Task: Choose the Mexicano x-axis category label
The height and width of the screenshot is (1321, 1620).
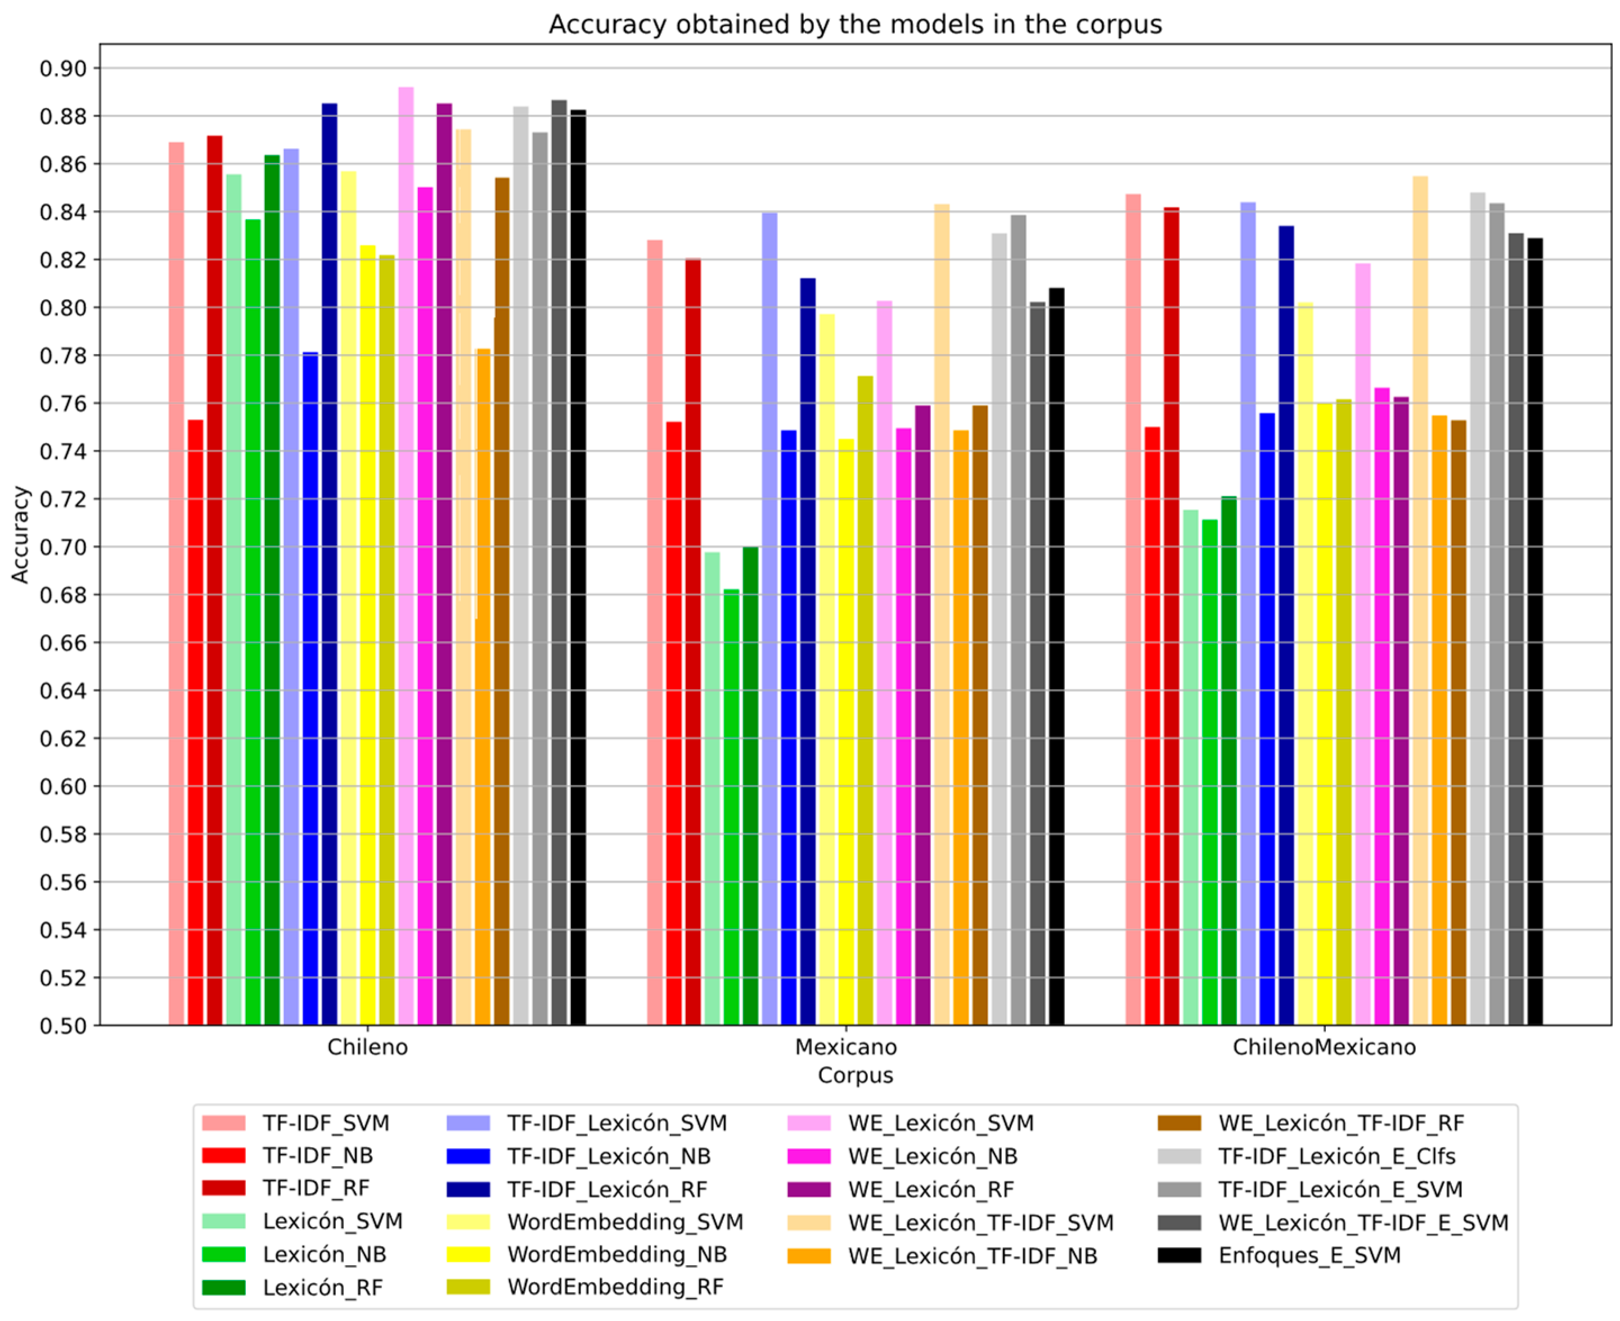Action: [846, 1047]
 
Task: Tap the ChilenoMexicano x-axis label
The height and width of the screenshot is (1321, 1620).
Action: [1324, 1047]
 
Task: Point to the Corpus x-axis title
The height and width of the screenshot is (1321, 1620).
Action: [855, 1075]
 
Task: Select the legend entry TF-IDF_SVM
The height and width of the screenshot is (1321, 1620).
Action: [326, 1123]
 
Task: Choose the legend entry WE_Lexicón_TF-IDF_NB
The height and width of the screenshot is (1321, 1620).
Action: [972, 1256]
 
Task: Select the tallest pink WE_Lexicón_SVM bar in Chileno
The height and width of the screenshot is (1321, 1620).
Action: [407, 555]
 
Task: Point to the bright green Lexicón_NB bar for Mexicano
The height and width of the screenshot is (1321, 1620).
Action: [731, 807]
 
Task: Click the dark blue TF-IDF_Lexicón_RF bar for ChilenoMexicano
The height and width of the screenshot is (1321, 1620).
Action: [1286, 624]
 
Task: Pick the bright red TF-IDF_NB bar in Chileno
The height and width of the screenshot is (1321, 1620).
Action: [196, 723]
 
